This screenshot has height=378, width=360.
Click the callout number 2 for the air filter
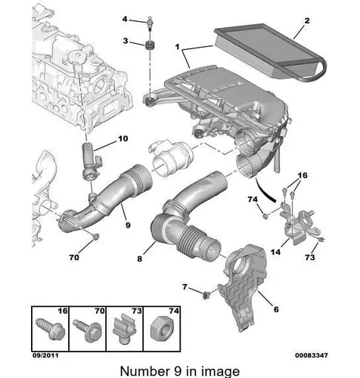[307, 20]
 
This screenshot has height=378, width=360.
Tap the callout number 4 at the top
[125, 19]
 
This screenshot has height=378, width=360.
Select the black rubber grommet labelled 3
[151, 46]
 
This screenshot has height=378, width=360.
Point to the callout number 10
[123, 138]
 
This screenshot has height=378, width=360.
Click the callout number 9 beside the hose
[128, 225]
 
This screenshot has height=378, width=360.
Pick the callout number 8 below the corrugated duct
[140, 259]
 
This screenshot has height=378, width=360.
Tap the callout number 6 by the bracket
[276, 309]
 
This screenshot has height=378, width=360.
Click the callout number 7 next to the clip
[185, 287]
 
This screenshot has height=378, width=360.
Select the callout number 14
[275, 252]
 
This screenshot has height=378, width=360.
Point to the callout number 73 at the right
[310, 257]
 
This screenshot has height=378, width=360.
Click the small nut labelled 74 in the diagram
[265, 216]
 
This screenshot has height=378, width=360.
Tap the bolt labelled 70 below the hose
[95, 237]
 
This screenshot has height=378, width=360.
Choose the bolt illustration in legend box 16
[51, 329]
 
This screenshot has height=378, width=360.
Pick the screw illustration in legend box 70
[88, 330]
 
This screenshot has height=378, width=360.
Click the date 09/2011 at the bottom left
[45, 355]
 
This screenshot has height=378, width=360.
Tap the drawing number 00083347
[312, 355]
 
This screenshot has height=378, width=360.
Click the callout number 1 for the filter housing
[178, 47]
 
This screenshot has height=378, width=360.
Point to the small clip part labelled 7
[206, 295]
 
